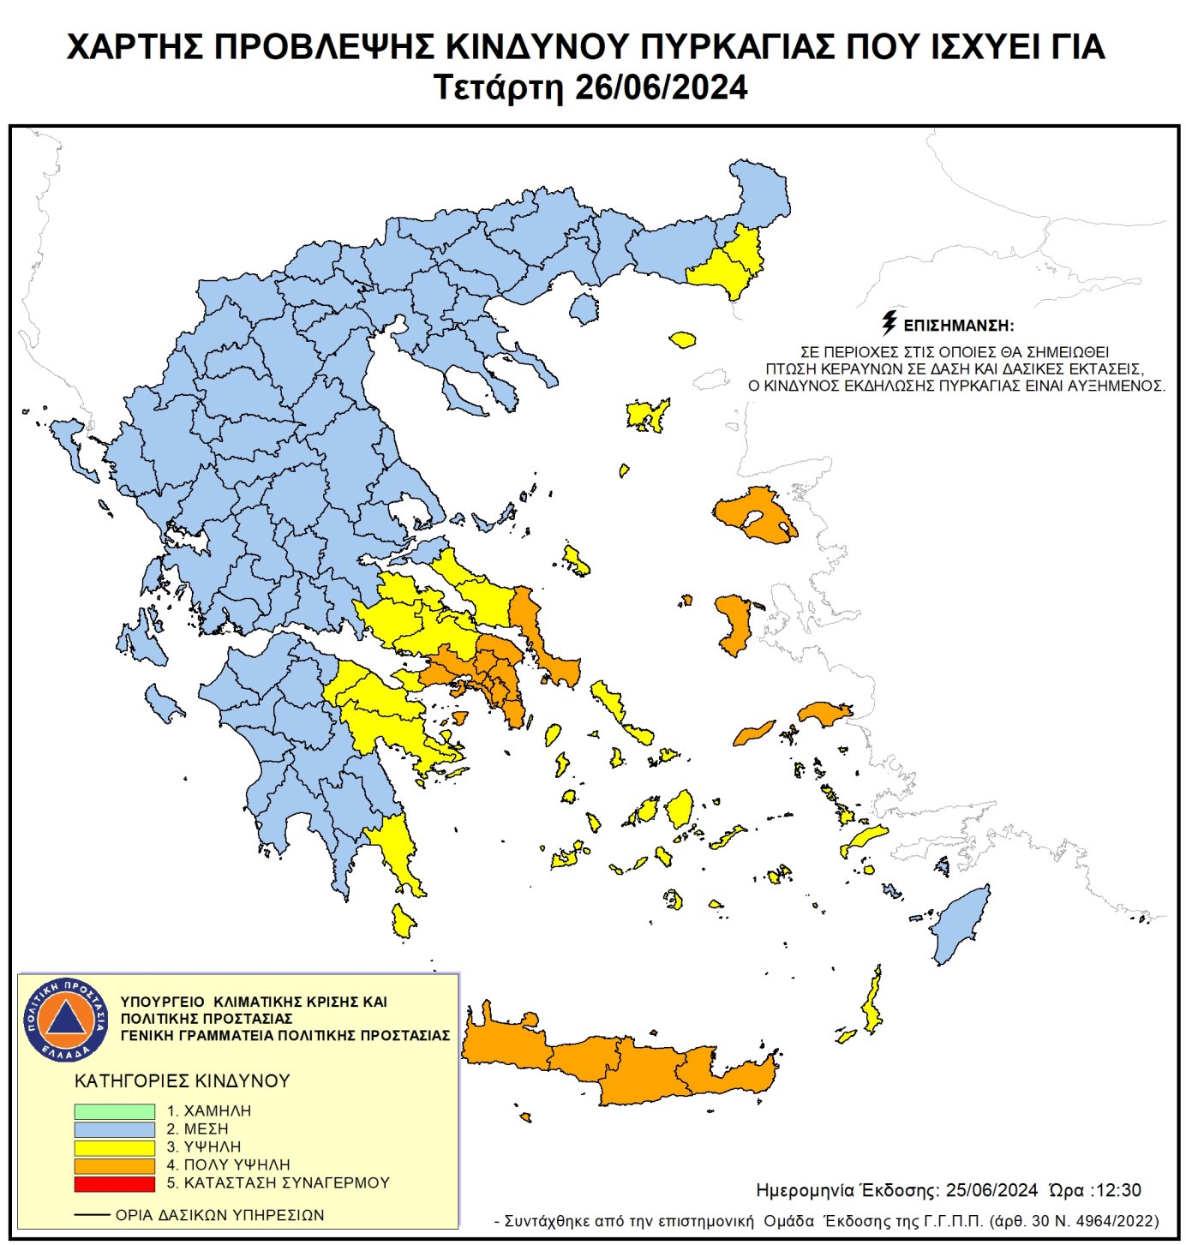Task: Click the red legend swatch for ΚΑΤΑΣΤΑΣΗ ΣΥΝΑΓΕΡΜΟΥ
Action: (114, 1183)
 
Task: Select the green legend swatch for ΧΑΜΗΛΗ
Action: (114, 1111)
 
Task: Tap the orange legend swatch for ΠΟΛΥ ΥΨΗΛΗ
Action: (114, 1165)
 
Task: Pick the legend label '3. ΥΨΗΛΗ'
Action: (204, 1147)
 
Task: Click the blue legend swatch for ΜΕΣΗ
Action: (114, 1129)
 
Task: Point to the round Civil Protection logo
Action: (65, 1019)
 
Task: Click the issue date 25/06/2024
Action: (991, 1190)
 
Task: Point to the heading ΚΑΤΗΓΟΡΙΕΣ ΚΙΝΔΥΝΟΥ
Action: (183, 1081)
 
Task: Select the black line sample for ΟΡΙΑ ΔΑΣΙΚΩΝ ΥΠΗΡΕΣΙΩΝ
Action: (91, 1215)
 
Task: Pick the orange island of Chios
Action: (734, 623)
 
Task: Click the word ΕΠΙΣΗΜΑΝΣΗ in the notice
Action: (958, 326)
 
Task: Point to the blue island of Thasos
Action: (584, 308)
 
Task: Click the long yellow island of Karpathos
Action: (872, 1003)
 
